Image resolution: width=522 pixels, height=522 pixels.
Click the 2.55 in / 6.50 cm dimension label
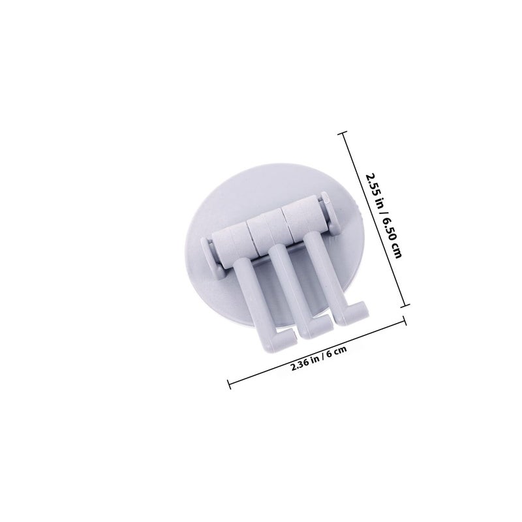click(384, 215)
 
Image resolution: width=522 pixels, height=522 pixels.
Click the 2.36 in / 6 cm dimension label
click(318, 358)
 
